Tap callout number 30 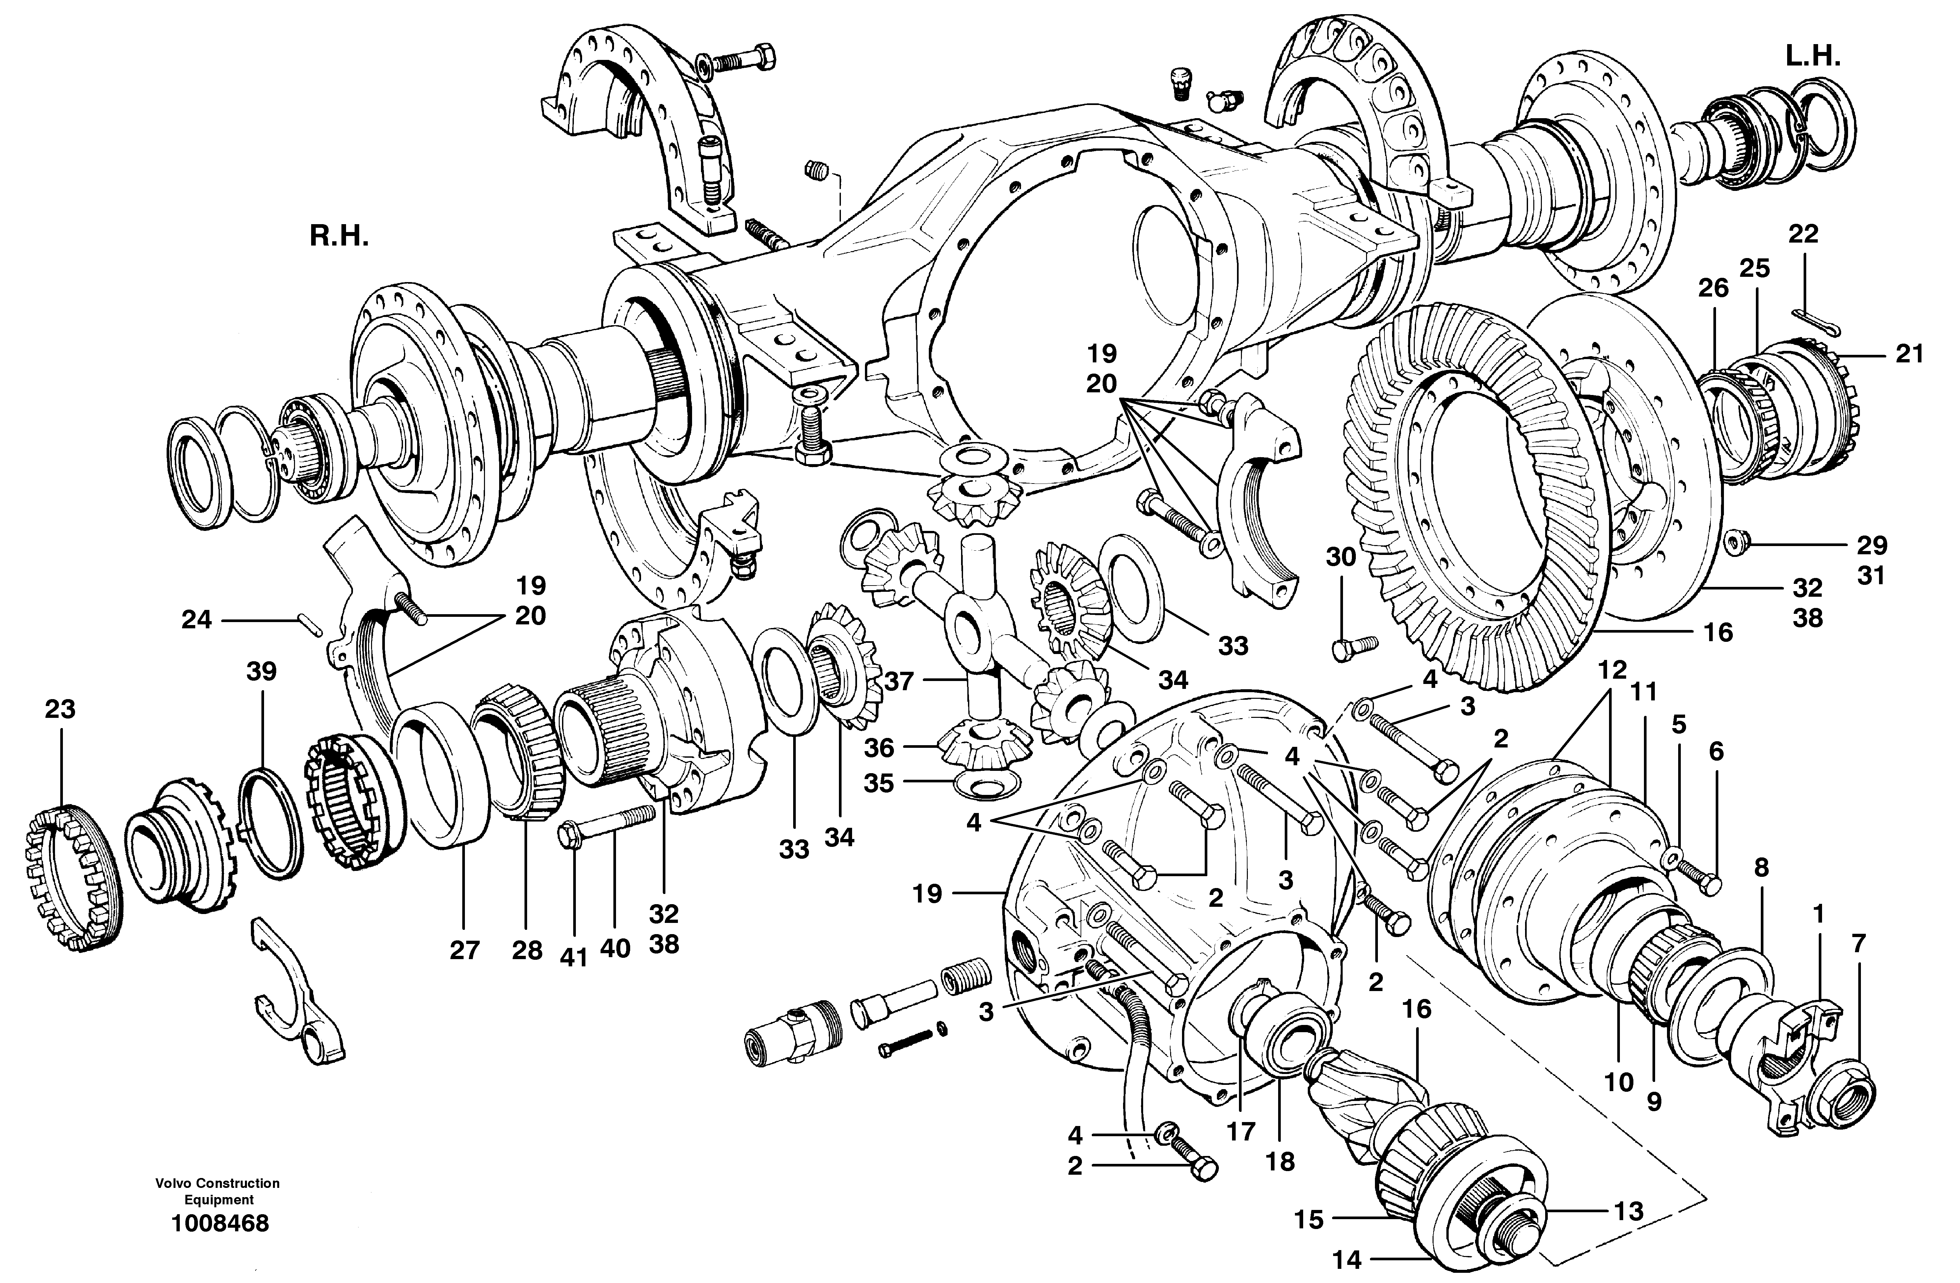pyautogui.click(x=1341, y=558)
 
